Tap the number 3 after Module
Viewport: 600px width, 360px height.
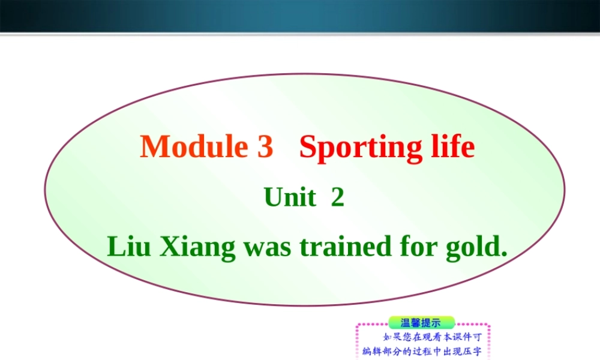(265, 147)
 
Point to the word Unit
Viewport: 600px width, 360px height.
(290, 197)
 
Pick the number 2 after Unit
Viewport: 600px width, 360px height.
(338, 197)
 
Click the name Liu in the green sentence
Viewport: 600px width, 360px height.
(128, 246)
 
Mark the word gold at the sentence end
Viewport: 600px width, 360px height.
(474, 247)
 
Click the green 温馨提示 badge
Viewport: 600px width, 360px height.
(422, 323)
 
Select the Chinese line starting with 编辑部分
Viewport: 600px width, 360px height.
(422, 351)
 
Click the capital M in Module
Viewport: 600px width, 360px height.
(154, 147)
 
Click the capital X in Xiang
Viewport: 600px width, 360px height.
(169, 246)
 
